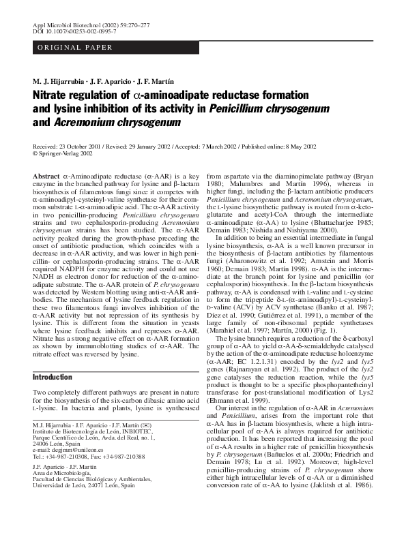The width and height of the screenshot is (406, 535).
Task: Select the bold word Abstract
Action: pos(46,177)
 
